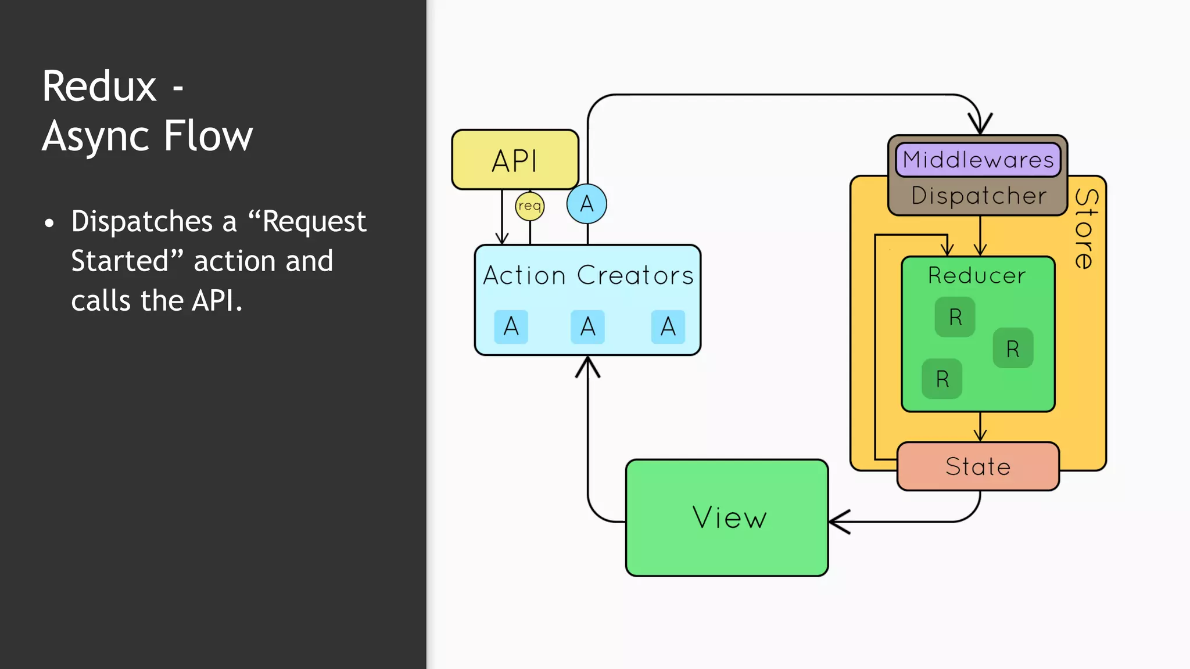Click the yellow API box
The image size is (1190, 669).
click(x=515, y=160)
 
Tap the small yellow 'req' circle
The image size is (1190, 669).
click(x=529, y=206)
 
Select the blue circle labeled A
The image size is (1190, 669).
click(x=587, y=204)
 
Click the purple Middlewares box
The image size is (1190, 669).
click(x=978, y=160)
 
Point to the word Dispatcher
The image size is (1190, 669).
click(x=978, y=196)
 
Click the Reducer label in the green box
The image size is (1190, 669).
click(x=977, y=275)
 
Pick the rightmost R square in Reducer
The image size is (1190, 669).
click(x=1013, y=348)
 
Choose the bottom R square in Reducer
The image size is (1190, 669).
click(x=942, y=379)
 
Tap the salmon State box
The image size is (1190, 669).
click(x=978, y=466)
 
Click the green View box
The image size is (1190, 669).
click(x=727, y=517)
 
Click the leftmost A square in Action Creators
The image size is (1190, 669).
click(x=511, y=327)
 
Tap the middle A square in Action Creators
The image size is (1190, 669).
click(x=587, y=327)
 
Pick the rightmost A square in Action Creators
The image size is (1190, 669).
click(x=668, y=327)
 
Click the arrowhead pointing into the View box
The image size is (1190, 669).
click(x=838, y=521)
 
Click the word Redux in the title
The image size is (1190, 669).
click(x=99, y=87)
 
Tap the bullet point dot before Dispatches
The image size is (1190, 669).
click(x=49, y=223)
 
